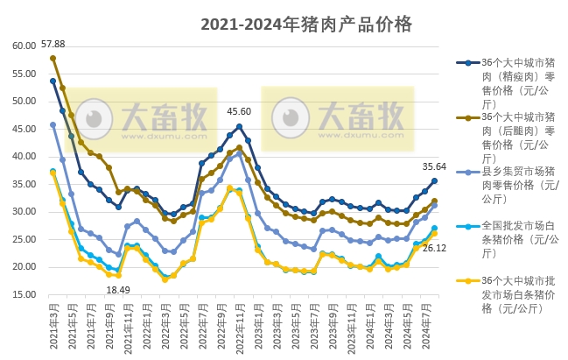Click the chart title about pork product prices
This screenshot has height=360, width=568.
tap(305, 24)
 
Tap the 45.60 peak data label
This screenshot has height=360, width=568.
tap(239, 111)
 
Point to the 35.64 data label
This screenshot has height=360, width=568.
tap(435, 166)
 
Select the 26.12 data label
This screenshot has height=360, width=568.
tap(435, 248)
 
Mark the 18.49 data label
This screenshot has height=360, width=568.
tap(118, 290)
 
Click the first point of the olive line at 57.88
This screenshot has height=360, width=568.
tap(53, 59)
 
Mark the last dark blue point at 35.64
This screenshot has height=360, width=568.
tap(434, 181)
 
